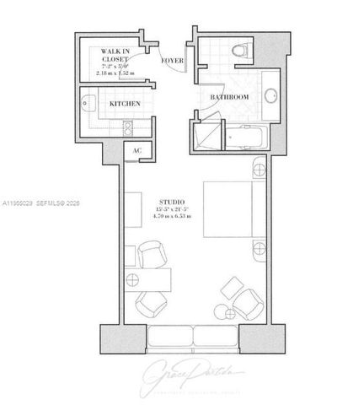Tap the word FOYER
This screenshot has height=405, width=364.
pyautogui.click(x=174, y=61)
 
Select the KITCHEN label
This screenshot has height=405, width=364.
pyautogui.click(x=126, y=104)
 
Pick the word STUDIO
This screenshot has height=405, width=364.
pyautogui.click(x=172, y=202)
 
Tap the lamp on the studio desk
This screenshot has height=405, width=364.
pyautogui.click(x=130, y=278)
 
